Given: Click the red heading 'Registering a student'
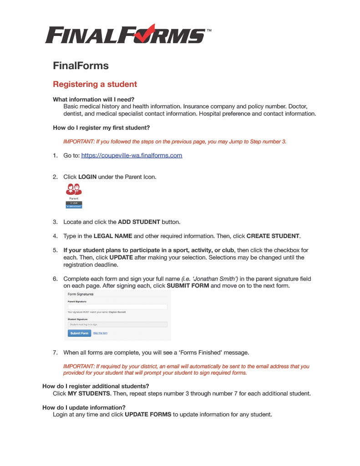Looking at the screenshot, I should [95, 84].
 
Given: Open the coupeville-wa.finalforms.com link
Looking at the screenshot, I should [132, 156].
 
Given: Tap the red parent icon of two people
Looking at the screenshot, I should [74, 189].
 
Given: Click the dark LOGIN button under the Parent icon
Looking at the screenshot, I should [74, 203].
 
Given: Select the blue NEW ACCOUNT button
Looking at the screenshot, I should [74, 207].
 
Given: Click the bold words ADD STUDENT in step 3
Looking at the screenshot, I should [139, 222].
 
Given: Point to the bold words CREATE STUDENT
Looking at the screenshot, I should [273, 236].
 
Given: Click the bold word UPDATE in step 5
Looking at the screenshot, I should [121, 258].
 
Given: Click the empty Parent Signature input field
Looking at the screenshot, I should [117, 307].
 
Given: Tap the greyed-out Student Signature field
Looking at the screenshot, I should [117, 324].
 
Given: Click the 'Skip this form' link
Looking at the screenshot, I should [100, 333].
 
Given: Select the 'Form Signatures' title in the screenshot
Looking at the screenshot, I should [81, 294].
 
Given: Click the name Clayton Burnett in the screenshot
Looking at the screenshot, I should [117, 312].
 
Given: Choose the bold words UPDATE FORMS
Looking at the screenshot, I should [148, 415].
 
